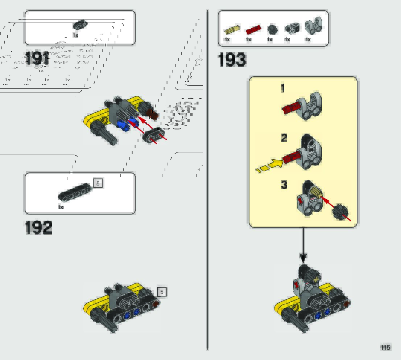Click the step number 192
pos(39,228)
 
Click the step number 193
pos(232,60)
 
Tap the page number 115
pos(385,347)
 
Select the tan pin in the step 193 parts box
pos(231,29)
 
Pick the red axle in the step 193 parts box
pos(253,29)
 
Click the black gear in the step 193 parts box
pos(272,29)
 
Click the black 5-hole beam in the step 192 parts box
pos(75,192)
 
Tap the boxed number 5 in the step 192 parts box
pos(98,183)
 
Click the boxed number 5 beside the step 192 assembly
pos(162,292)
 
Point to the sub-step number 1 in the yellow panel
pos(283,88)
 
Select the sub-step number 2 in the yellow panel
pos(284,138)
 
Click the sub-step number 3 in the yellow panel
pos(284,185)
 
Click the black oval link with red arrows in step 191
pos(153,135)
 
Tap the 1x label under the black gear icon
pos(270,40)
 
